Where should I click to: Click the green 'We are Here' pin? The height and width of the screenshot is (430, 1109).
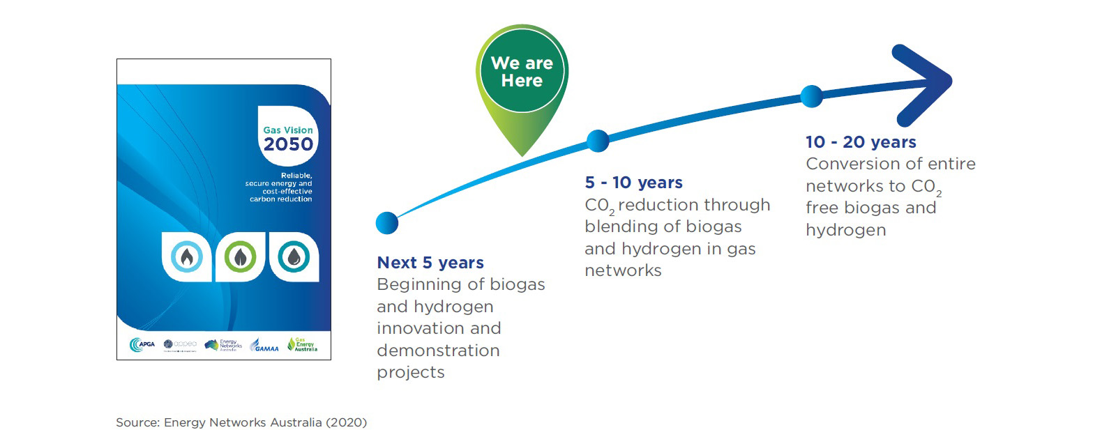(x=522, y=73)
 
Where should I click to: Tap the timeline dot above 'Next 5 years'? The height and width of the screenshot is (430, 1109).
(x=387, y=223)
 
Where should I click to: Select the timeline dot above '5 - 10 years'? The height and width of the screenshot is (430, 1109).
(x=598, y=141)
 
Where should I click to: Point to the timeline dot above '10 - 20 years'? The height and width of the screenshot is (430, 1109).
(x=811, y=96)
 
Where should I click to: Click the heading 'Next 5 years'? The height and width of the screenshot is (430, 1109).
(x=430, y=263)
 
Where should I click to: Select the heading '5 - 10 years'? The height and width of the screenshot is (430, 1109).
(x=633, y=183)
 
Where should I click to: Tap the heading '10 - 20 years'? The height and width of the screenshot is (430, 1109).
(x=861, y=142)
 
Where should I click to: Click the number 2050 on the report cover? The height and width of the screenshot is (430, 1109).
(x=288, y=144)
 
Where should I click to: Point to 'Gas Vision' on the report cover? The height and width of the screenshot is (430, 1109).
(x=288, y=130)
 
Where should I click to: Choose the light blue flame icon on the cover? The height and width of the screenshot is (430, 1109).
(x=187, y=257)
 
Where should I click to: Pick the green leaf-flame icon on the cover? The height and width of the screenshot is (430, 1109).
(x=240, y=257)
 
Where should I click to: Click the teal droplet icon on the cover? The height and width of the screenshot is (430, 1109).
(x=294, y=257)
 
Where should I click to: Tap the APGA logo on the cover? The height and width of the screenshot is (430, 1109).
(x=142, y=344)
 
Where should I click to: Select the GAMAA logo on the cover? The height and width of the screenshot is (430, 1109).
(x=265, y=346)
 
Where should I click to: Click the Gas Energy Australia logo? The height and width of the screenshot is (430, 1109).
(x=302, y=344)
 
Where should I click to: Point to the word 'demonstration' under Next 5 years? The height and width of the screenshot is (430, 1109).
(x=438, y=351)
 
